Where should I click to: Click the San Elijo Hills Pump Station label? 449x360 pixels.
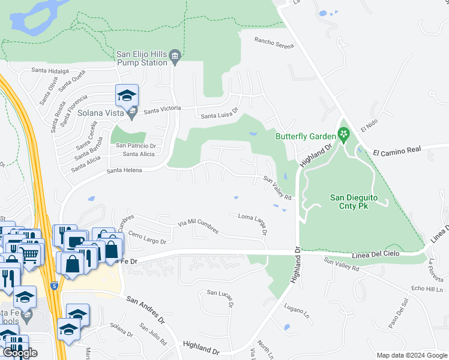[142, 58]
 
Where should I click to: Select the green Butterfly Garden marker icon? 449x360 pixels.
[343, 136]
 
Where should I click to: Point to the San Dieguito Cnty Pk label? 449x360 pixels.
[357, 201]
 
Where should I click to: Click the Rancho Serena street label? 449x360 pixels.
[274, 43]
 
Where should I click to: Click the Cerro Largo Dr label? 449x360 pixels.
[147, 238]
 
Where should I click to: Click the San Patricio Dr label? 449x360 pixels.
[136, 145]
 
